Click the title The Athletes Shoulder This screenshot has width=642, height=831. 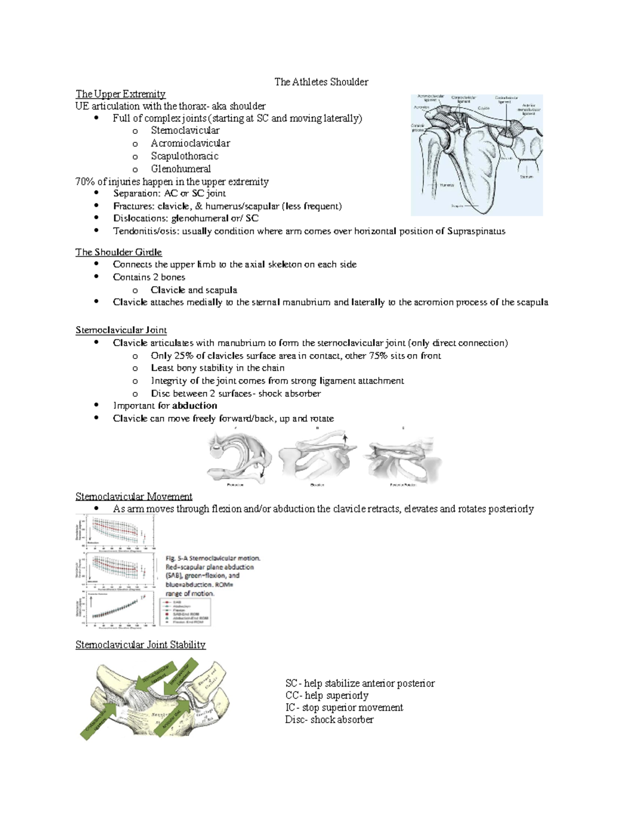[x=321, y=82]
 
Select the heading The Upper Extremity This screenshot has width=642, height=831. [x=120, y=94]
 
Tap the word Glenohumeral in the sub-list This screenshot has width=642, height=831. [x=180, y=169]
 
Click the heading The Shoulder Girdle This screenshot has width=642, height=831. [x=118, y=252]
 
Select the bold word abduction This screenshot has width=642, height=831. [x=194, y=406]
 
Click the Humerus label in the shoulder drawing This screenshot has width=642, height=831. [x=447, y=185]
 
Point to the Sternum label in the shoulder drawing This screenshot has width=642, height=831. [x=526, y=177]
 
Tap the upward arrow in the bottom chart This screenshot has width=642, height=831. [x=92, y=601]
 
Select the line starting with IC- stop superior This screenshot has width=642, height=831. [x=344, y=707]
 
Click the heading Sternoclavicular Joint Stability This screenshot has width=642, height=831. [x=140, y=645]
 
